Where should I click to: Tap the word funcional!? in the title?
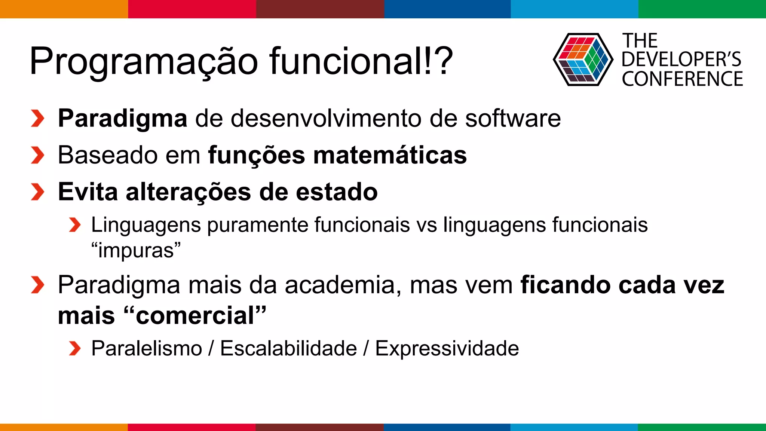click(361, 61)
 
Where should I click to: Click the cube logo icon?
click(583, 60)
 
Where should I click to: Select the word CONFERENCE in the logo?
click(682, 79)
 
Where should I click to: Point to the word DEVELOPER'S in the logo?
click(681, 59)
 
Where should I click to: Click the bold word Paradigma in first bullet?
click(123, 119)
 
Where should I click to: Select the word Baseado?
click(108, 155)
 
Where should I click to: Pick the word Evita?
click(88, 192)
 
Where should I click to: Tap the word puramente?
click(258, 225)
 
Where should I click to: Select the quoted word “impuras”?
click(136, 250)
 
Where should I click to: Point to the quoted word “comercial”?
click(194, 315)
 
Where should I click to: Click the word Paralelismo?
click(147, 349)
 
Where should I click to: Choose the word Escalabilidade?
click(288, 349)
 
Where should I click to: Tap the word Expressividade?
click(447, 349)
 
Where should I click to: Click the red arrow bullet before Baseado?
click(37, 155)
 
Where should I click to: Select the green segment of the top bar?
click(702, 9)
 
